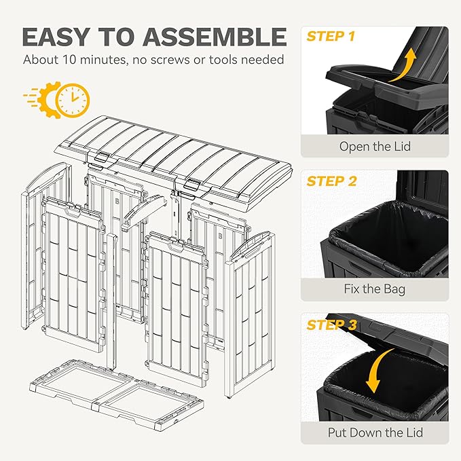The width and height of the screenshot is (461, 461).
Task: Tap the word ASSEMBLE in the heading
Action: tap(215, 37)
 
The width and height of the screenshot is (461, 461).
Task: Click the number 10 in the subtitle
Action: tap(69, 60)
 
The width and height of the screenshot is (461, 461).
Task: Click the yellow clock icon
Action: tap(73, 100)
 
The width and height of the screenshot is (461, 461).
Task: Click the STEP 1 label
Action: tap(331, 37)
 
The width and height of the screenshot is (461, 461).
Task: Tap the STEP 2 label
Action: tap(331, 181)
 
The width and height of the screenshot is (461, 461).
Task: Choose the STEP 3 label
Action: tap(331, 325)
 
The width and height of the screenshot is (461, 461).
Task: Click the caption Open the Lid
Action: tap(375, 147)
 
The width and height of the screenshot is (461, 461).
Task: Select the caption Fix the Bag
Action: tap(375, 289)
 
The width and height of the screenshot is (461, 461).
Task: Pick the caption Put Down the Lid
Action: tap(375, 432)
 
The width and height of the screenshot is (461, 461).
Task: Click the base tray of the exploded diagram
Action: tap(117, 394)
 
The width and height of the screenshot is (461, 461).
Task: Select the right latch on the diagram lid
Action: tap(191, 184)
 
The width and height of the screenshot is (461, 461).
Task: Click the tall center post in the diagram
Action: tap(112, 301)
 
